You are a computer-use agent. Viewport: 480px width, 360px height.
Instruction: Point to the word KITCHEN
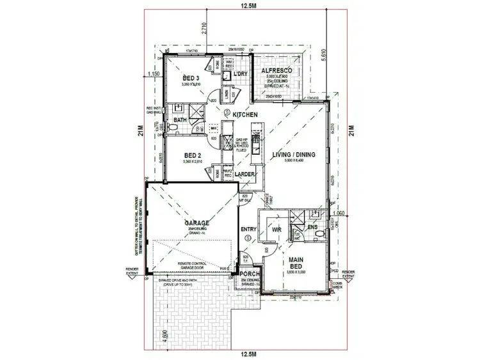click(x=245, y=114)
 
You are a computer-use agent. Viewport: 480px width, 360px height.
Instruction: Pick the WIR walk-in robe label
click(x=277, y=229)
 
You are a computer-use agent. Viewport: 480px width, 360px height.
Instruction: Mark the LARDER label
click(x=246, y=173)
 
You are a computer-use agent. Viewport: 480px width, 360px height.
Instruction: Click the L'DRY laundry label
click(x=241, y=75)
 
